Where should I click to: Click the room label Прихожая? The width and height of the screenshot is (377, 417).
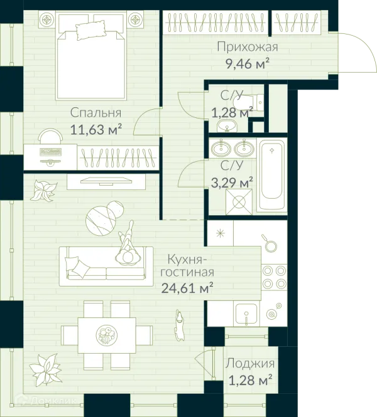coord(248,47)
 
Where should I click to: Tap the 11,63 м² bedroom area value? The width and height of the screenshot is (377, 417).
coord(96,129)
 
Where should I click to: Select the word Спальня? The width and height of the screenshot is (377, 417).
coord(96,113)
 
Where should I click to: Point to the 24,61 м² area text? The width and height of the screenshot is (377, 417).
coord(187,287)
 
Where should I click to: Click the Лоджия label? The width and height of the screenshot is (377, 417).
coord(250,363)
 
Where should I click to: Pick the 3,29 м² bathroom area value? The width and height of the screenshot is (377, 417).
coord(232,182)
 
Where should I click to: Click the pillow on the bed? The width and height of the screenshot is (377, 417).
coord(91,30)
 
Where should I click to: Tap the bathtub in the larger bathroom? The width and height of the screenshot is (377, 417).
coord(272,175)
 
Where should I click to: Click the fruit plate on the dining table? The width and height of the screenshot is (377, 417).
coord(107,335)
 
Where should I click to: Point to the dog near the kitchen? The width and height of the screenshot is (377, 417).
coord(180,325)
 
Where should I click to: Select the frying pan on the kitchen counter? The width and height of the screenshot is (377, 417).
coord(270,244)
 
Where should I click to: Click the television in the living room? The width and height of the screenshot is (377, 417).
coord(106,181)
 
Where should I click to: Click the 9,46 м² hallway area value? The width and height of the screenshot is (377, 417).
coord(248,64)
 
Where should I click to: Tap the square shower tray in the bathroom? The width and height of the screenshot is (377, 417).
coord(239,202)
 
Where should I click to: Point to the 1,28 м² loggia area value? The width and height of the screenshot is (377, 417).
coord(251,380)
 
